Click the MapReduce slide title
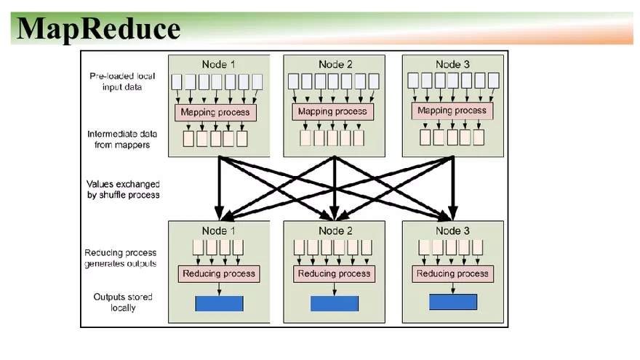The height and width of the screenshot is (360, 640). pos(98,28)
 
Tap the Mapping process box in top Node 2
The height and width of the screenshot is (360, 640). pos(333,111)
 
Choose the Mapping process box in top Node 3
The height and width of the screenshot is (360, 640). pos(452,111)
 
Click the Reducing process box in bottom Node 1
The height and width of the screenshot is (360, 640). pos(219,273)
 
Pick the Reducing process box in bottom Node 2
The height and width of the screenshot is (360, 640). pos(335,273)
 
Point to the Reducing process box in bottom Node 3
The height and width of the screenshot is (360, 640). pos(452,273)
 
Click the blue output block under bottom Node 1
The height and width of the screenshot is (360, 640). pos(219,303)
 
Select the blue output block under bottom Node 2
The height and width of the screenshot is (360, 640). pos(335,303)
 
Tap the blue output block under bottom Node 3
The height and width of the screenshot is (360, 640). pos(452,302)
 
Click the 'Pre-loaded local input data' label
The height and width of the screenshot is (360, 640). pos(121,81)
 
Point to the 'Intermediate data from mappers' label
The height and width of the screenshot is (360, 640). pos(122,140)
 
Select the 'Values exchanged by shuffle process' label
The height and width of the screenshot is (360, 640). pos(123,189)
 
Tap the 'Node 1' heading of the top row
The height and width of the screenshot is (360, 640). pos(218,64)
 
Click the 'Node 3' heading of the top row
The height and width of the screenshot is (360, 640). pos(453,64)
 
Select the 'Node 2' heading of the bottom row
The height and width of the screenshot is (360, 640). pos(335,231)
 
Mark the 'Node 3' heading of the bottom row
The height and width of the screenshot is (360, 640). pos(452,231)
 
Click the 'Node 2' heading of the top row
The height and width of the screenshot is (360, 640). pos(334,64)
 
